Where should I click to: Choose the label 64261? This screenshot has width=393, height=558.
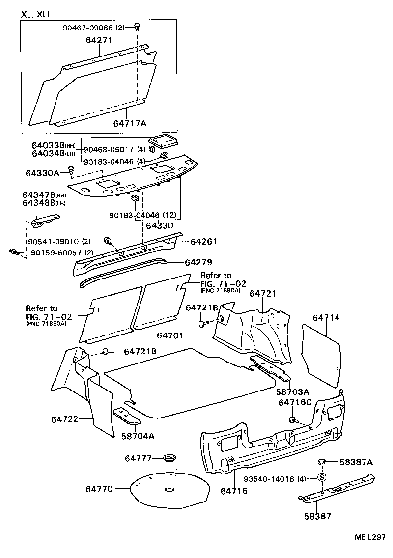tap(203, 242)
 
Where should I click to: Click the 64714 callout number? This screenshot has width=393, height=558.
tap(326, 318)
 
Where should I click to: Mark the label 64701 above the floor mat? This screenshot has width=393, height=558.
tap(170, 336)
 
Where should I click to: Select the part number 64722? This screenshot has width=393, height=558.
tap(64, 419)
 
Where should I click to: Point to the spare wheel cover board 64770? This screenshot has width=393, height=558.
tap(168, 489)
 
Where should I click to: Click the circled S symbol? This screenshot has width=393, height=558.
tap(322, 477)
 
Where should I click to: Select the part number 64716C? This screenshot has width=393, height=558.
tap(295, 402)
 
